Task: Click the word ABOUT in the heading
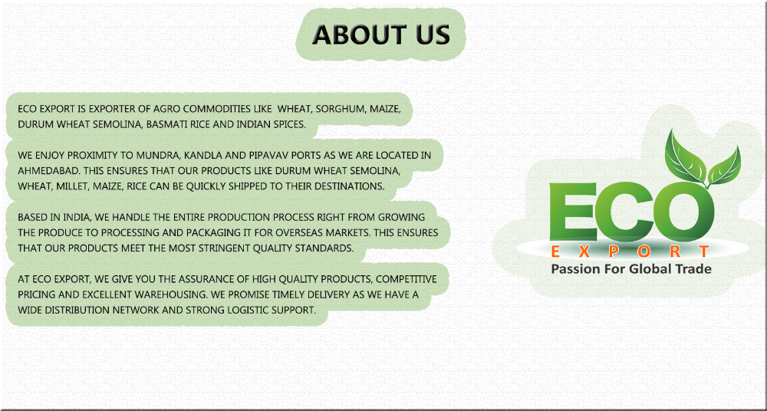[353, 35]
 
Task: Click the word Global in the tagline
[650, 268]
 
